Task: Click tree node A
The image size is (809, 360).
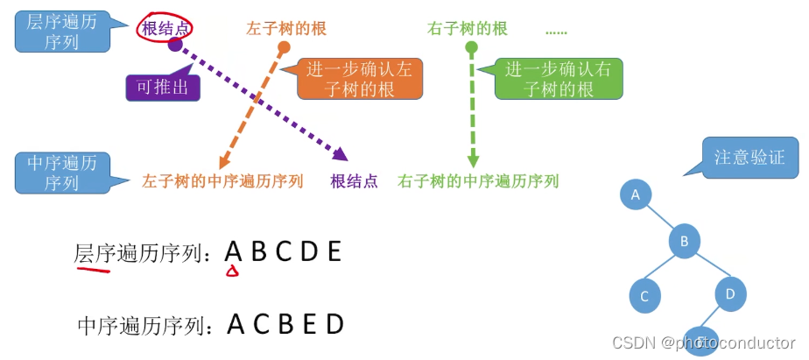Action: [637, 194]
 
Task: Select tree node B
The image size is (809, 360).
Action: [686, 241]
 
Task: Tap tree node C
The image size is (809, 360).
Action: [644, 296]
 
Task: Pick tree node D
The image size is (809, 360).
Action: [730, 293]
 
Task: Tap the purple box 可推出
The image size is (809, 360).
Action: [163, 87]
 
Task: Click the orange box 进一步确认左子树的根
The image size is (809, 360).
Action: [359, 79]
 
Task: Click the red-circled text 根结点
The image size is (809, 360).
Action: [165, 28]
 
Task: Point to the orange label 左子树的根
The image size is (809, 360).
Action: [285, 29]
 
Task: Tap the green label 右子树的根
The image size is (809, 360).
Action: [468, 29]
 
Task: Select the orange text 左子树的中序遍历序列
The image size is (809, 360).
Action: [222, 181]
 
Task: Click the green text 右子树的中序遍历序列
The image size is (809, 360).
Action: [478, 181]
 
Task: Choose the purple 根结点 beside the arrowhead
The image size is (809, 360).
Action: [355, 181]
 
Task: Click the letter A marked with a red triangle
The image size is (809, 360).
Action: [233, 252]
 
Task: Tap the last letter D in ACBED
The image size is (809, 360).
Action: [335, 325]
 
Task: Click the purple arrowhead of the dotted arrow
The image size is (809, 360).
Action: [340, 154]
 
